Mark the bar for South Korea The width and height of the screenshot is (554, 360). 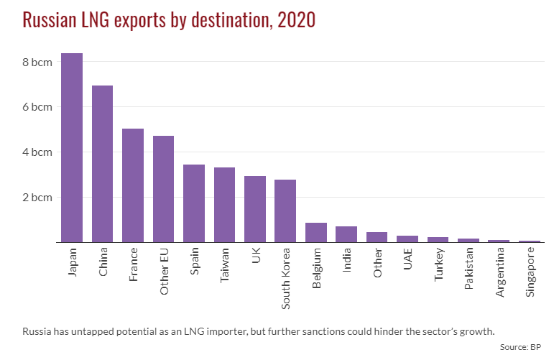pyautogui.click(x=285, y=211)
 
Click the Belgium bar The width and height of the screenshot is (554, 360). pyautogui.click(x=316, y=233)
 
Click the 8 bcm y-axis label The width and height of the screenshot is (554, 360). pyautogui.click(x=37, y=62)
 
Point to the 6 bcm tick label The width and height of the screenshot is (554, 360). pyautogui.click(x=37, y=107)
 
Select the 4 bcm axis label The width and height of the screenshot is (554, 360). pyautogui.click(x=37, y=152)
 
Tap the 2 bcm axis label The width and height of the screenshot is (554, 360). pyautogui.click(x=37, y=197)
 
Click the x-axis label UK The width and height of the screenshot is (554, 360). pyautogui.click(x=256, y=257)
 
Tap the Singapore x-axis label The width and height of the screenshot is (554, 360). pyautogui.click(x=531, y=272)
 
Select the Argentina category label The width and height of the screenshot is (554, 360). pyautogui.click(x=500, y=272)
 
